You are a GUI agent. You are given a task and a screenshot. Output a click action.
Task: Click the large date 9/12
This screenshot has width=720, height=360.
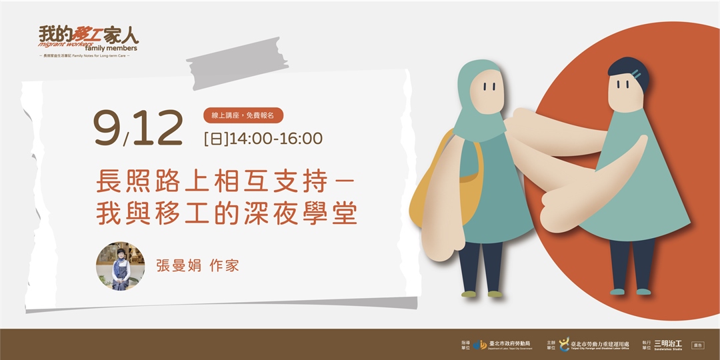138,128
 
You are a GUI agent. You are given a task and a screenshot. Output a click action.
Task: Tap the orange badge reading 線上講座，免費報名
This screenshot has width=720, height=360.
243,115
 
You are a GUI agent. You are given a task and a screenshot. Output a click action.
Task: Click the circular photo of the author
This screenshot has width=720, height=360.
121,266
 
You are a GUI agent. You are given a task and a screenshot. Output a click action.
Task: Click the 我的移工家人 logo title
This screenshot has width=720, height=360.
88,35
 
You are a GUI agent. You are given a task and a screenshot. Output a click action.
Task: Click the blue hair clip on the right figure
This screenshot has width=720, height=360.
637,73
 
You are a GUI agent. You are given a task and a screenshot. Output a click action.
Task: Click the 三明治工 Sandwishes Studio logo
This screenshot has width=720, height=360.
669,345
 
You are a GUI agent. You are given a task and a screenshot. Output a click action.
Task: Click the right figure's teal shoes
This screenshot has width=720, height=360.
629,291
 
